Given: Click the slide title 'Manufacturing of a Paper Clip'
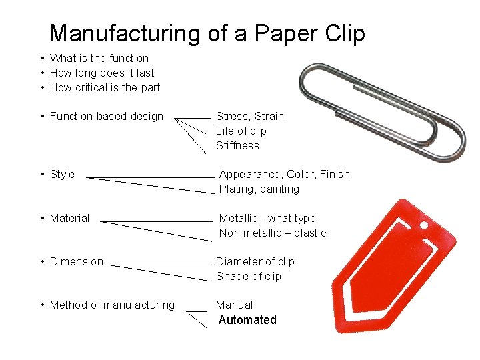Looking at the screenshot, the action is pyautogui.click(x=207, y=33).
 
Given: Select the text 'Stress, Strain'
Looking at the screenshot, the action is pyautogui.click(x=249, y=116).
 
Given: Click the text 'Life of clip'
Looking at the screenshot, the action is pyautogui.click(x=241, y=131).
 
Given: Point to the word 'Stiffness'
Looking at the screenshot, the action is pyautogui.click(x=237, y=145).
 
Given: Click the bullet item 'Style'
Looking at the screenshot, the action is pyautogui.click(x=62, y=175).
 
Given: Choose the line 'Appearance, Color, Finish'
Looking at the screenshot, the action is pyautogui.click(x=284, y=175).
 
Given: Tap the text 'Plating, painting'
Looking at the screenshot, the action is pyautogui.click(x=259, y=189).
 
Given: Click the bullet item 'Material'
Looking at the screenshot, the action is pyautogui.click(x=69, y=218).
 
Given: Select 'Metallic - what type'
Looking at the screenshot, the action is pyautogui.click(x=267, y=218).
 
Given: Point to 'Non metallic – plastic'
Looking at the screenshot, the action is pyautogui.click(x=273, y=233).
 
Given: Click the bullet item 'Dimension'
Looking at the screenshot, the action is pyautogui.click(x=76, y=261).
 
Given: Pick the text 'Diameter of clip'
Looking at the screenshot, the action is pyautogui.click(x=255, y=261).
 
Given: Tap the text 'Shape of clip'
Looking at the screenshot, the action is pyautogui.click(x=248, y=276).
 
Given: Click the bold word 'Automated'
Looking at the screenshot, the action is pyautogui.click(x=247, y=320).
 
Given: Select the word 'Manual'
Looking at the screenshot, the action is pyautogui.click(x=234, y=305).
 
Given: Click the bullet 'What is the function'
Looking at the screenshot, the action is pyautogui.click(x=99, y=59).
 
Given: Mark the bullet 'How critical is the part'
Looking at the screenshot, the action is pyautogui.click(x=105, y=87).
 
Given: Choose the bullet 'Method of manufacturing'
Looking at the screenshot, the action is pyautogui.click(x=112, y=305).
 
